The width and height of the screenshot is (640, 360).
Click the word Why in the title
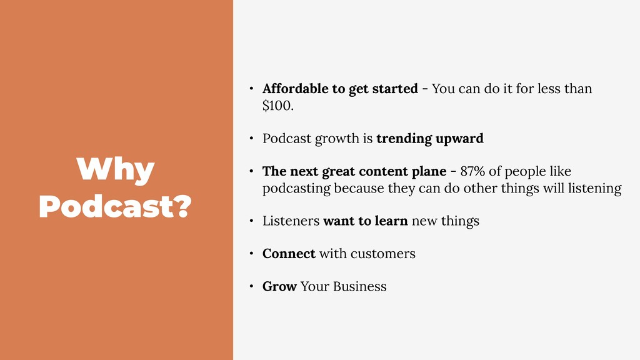(116, 170)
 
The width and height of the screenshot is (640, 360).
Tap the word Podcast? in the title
(116, 206)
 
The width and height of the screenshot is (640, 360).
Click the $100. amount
(278, 106)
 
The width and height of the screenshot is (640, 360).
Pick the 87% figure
(472, 171)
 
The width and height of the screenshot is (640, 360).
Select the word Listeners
(291, 221)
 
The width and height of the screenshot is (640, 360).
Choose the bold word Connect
(289, 254)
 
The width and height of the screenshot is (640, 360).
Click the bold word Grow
(279, 286)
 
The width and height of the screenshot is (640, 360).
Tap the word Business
(359, 286)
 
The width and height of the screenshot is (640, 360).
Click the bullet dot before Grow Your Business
(251, 286)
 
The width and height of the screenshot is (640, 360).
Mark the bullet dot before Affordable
(251, 89)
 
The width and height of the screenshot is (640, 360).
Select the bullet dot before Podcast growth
(251, 139)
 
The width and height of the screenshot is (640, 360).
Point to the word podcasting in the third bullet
(296, 189)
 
